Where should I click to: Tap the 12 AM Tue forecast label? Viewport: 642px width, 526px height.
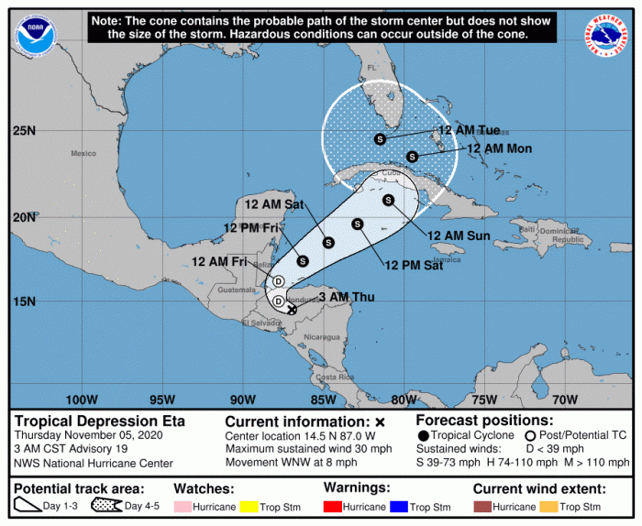pyautogui.click(x=469, y=130)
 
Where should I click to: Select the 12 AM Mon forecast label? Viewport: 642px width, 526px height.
pyautogui.click(x=500, y=148)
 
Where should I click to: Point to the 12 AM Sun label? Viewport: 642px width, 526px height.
pyautogui.click(x=459, y=236)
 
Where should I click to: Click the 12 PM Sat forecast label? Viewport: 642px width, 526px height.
pyautogui.click(x=416, y=266)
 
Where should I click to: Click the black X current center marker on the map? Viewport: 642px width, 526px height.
pyautogui.click(x=292, y=310)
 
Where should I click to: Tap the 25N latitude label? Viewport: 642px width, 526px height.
pyautogui.click(x=25, y=131)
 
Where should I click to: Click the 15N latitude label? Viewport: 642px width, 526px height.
pyautogui.click(x=25, y=301)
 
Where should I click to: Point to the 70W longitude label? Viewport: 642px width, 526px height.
pyautogui.click(x=565, y=400)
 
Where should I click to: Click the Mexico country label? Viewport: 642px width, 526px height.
pyautogui.click(x=84, y=153)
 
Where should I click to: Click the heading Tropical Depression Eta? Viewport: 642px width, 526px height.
pyautogui.click(x=100, y=422)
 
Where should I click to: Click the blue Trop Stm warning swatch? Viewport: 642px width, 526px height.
pyautogui.click(x=395, y=507)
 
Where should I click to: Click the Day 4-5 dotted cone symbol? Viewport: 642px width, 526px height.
pyautogui.click(x=101, y=507)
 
